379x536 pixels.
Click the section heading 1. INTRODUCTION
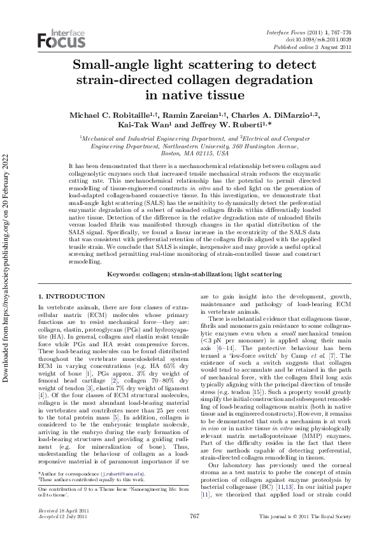pyautogui.click(x=71, y=297)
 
